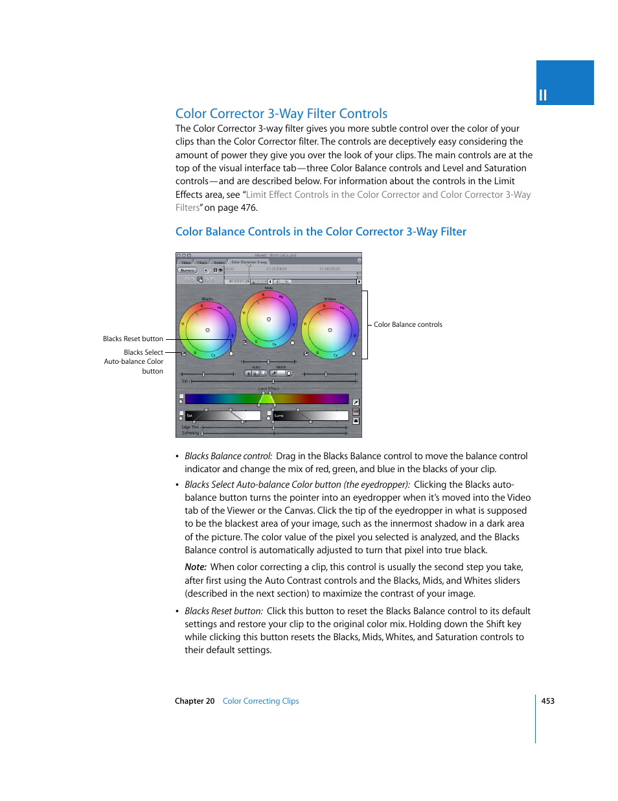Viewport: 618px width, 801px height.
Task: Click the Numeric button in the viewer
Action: [187, 270]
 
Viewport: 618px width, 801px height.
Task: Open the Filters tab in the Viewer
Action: [202, 263]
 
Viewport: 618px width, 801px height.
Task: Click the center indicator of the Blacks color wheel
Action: [207, 330]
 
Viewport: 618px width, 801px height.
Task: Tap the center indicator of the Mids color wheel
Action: [269, 319]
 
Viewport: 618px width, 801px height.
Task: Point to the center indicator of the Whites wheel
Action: [330, 330]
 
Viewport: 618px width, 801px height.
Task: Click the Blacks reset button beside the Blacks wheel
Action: [231, 353]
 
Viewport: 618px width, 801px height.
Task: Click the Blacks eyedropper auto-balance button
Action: [184, 353]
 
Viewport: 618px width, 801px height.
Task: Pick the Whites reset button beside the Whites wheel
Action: [354, 353]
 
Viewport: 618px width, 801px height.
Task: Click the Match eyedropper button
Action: [273, 373]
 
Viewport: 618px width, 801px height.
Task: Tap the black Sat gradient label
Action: [190, 415]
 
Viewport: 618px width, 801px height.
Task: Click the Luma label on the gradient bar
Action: [279, 415]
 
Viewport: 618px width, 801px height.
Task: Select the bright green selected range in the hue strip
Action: [267, 399]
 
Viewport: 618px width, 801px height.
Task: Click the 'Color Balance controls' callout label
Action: [407, 324]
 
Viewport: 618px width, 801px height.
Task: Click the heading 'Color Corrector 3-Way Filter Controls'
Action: [281, 114]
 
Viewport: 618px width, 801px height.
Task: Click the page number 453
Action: [547, 701]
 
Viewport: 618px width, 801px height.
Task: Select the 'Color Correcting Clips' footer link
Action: [260, 701]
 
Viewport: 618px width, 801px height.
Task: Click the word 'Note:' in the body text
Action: [195, 567]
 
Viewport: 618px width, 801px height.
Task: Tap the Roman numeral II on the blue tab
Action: [543, 95]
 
